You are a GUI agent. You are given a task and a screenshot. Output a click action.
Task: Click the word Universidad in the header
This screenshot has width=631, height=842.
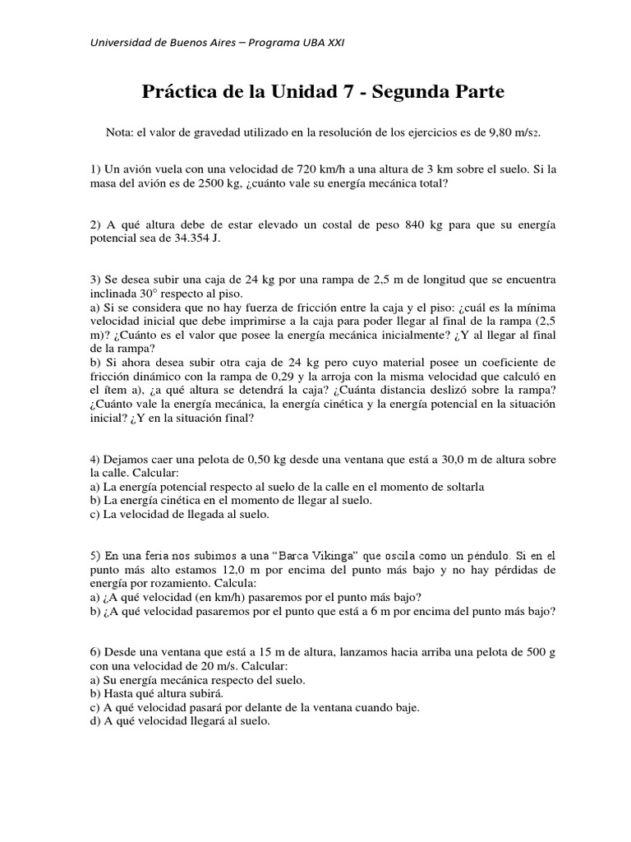tap(121, 43)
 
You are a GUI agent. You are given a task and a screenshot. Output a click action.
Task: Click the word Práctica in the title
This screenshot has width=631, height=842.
tap(177, 93)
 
